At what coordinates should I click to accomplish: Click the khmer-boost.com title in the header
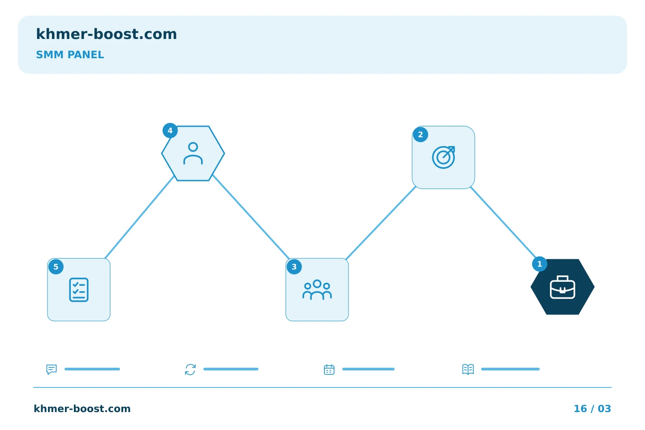(x=106, y=34)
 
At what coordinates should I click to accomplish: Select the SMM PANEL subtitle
(x=70, y=55)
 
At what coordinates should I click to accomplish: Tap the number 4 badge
(x=170, y=131)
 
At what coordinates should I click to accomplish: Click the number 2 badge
(x=421, y=134)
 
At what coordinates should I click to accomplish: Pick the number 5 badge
(x=56, y=267)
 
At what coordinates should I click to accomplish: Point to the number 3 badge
(x=294, y=267)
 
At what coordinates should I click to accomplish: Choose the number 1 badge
(x=540, y=264)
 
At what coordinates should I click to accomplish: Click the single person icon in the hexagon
(x=193, y=154)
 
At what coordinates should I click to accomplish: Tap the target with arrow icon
(x=443, y=157)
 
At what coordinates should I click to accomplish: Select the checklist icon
(x=79, y=290)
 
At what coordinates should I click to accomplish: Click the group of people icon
(x=317, y=290)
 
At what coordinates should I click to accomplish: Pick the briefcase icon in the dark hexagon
(x=563, y=287)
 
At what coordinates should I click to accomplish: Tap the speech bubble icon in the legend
(x=52, y=369)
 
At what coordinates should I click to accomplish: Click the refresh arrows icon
(x=190, y=369)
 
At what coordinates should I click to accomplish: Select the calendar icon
(x=329, y=369)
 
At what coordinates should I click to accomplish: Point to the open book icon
(x=468, y=369)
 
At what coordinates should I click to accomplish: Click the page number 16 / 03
(x=592, y=408)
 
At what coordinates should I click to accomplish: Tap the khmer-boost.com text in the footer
(x=82, y=408)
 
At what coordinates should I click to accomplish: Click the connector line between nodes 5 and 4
(x=140, y=217)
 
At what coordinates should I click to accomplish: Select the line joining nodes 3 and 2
(x=381, y=223)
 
